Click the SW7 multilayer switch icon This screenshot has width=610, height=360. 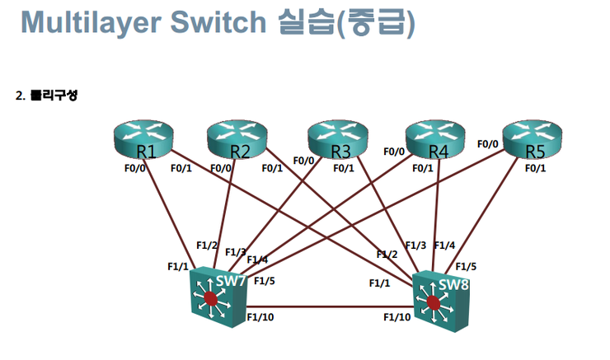tap(216, 297)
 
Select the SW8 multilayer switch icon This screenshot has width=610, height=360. tap(437, 301)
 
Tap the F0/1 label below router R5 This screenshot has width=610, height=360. tap(535, 168)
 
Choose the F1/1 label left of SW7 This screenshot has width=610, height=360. tap(177, 267)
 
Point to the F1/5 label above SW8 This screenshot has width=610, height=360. tap(466, 266)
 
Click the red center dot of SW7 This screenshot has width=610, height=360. tap(212, 299)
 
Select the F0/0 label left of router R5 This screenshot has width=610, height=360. tap(488, 144)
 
